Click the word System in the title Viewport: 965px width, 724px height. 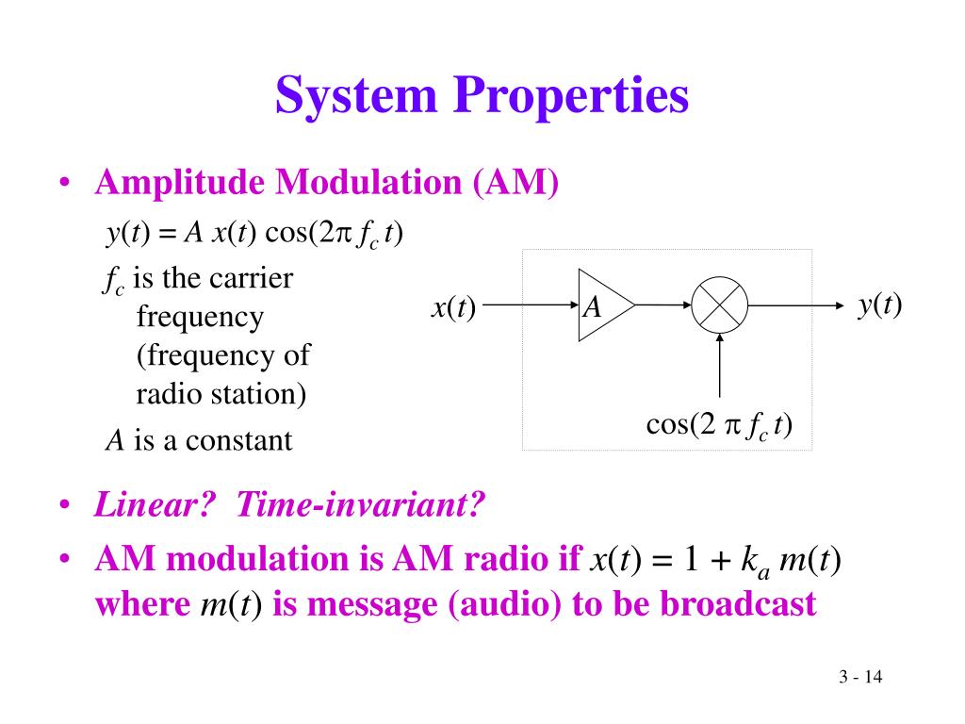(x=357, y=97)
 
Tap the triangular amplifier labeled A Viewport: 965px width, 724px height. (x=601, y=305)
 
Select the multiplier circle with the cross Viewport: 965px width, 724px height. (x=720, y=305)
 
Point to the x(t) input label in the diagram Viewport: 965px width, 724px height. (x=454, y=306)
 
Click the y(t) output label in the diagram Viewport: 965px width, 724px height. (x=879, y=304)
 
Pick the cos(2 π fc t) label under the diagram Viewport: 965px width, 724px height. (x=719, y=425)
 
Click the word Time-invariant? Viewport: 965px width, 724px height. (x=360, y=506)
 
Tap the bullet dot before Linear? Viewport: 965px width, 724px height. (x=63, y=507)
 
